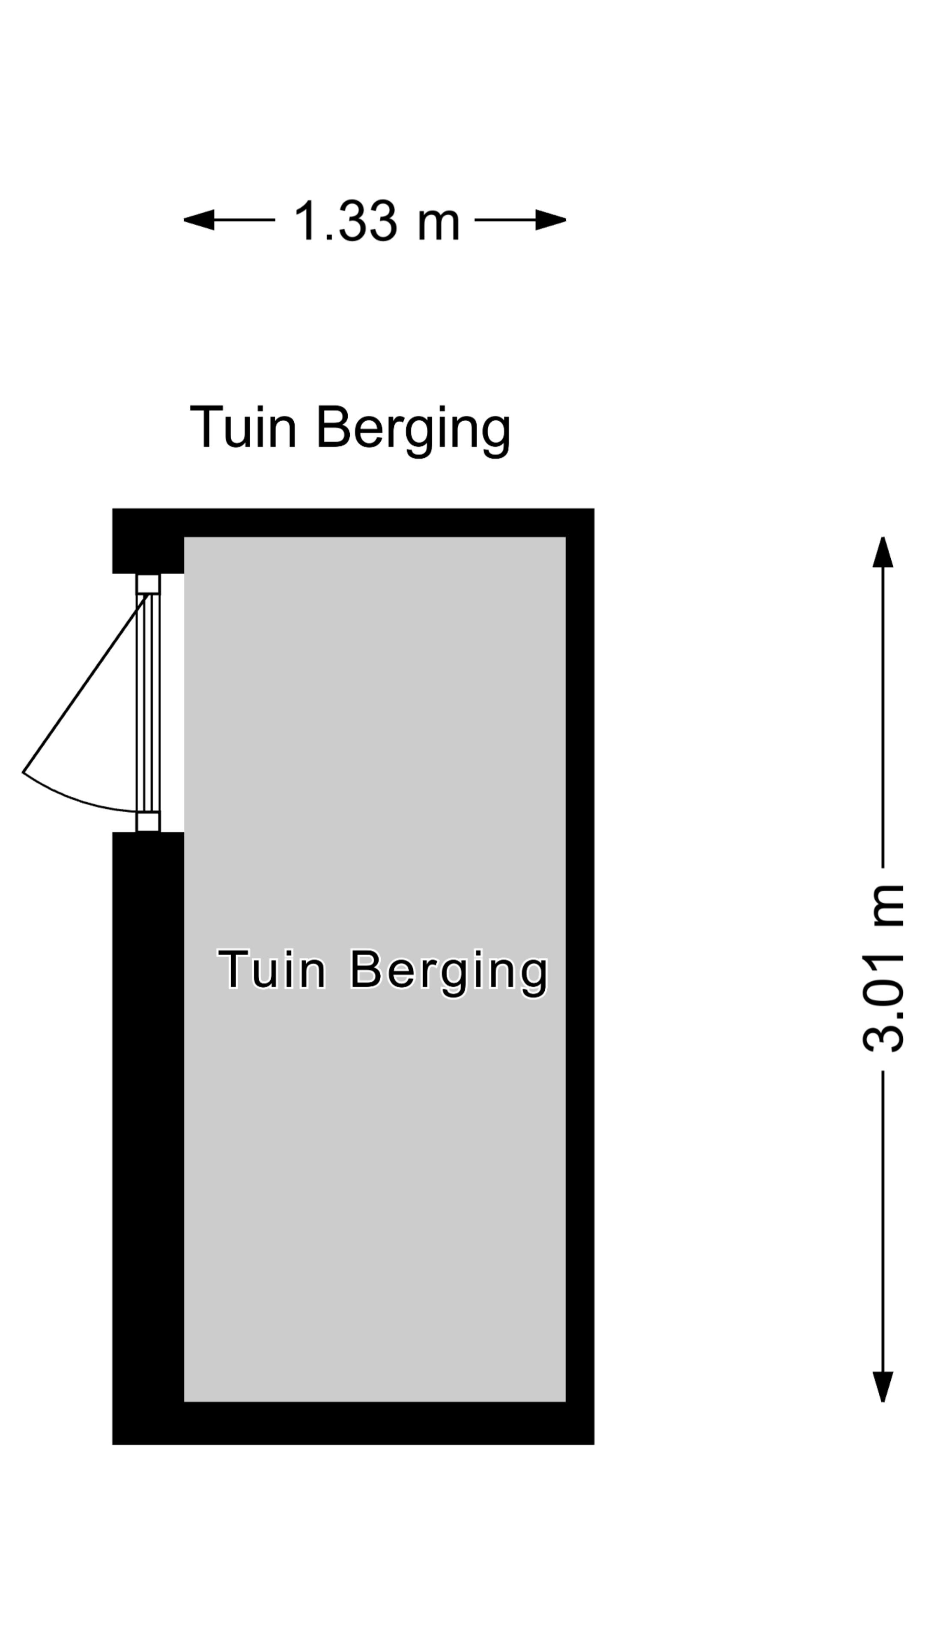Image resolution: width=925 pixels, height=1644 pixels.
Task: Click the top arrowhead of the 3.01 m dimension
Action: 883,553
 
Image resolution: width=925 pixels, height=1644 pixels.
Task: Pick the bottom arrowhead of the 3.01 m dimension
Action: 883,1386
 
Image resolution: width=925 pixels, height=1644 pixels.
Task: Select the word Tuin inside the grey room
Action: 272,969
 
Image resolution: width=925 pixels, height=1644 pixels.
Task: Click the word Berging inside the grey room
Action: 449,972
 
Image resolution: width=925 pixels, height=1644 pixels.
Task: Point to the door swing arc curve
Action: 70,798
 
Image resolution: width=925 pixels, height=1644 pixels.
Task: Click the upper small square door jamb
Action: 148,584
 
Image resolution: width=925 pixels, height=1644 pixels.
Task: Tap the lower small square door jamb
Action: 148,822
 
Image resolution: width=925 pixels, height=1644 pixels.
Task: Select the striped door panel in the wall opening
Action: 148,702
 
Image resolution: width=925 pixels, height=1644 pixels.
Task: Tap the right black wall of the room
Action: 580,957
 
